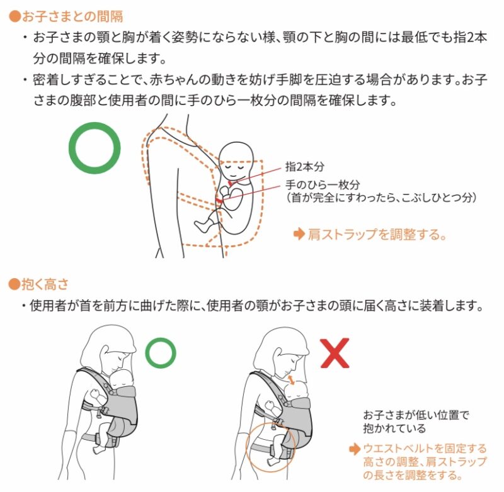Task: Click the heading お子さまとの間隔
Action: click(x=72, y=16)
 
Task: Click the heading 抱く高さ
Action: click(x=45, y=284)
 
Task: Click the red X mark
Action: click(x=335, y=353)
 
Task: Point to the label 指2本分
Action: click(x=305, y=167)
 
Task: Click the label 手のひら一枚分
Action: click(x=323, y=184)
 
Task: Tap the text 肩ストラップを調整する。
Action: click(x=377, y=234)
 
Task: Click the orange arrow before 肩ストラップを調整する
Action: click(x=299, y=234)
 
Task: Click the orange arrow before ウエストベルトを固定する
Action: click(x=355, y=449)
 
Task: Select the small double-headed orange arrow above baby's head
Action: click(x=291, y=379)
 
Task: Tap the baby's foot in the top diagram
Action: click(x=200, y=226)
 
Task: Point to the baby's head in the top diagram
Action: click(x=236, y=160)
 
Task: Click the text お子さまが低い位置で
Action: click(x=416, y=415)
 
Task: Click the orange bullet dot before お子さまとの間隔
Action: click(x=14, y=17)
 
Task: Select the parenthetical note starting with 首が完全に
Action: click(x=381, y=198)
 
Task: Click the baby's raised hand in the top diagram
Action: click(x=224, y=192)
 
